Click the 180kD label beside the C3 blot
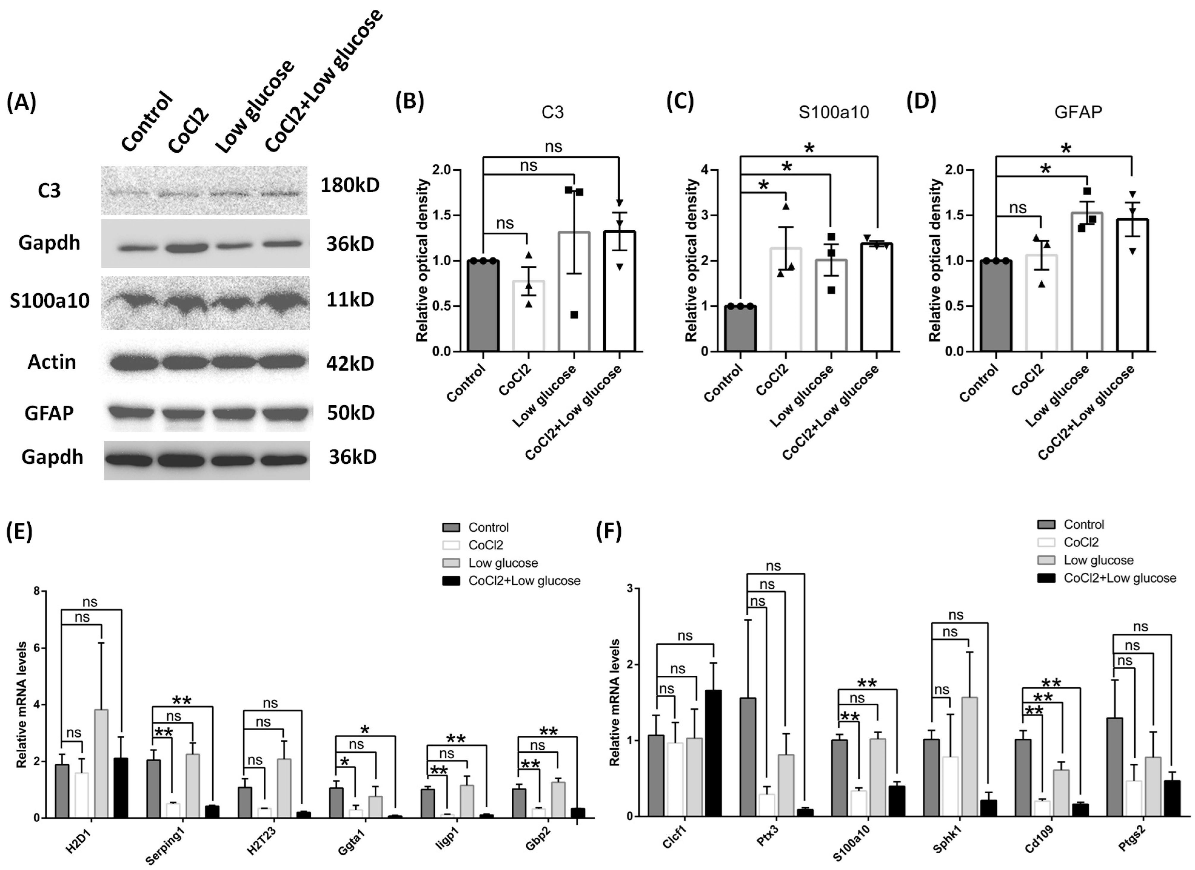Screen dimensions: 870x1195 click(x=350, y=185)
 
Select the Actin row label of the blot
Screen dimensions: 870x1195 click(x=52, y=362)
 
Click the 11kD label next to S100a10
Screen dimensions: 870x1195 click(x=350, y=299)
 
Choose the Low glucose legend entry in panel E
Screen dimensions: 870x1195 click(x=503, y=563)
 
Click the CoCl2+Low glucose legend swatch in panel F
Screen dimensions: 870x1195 click(x=1046, y=578)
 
